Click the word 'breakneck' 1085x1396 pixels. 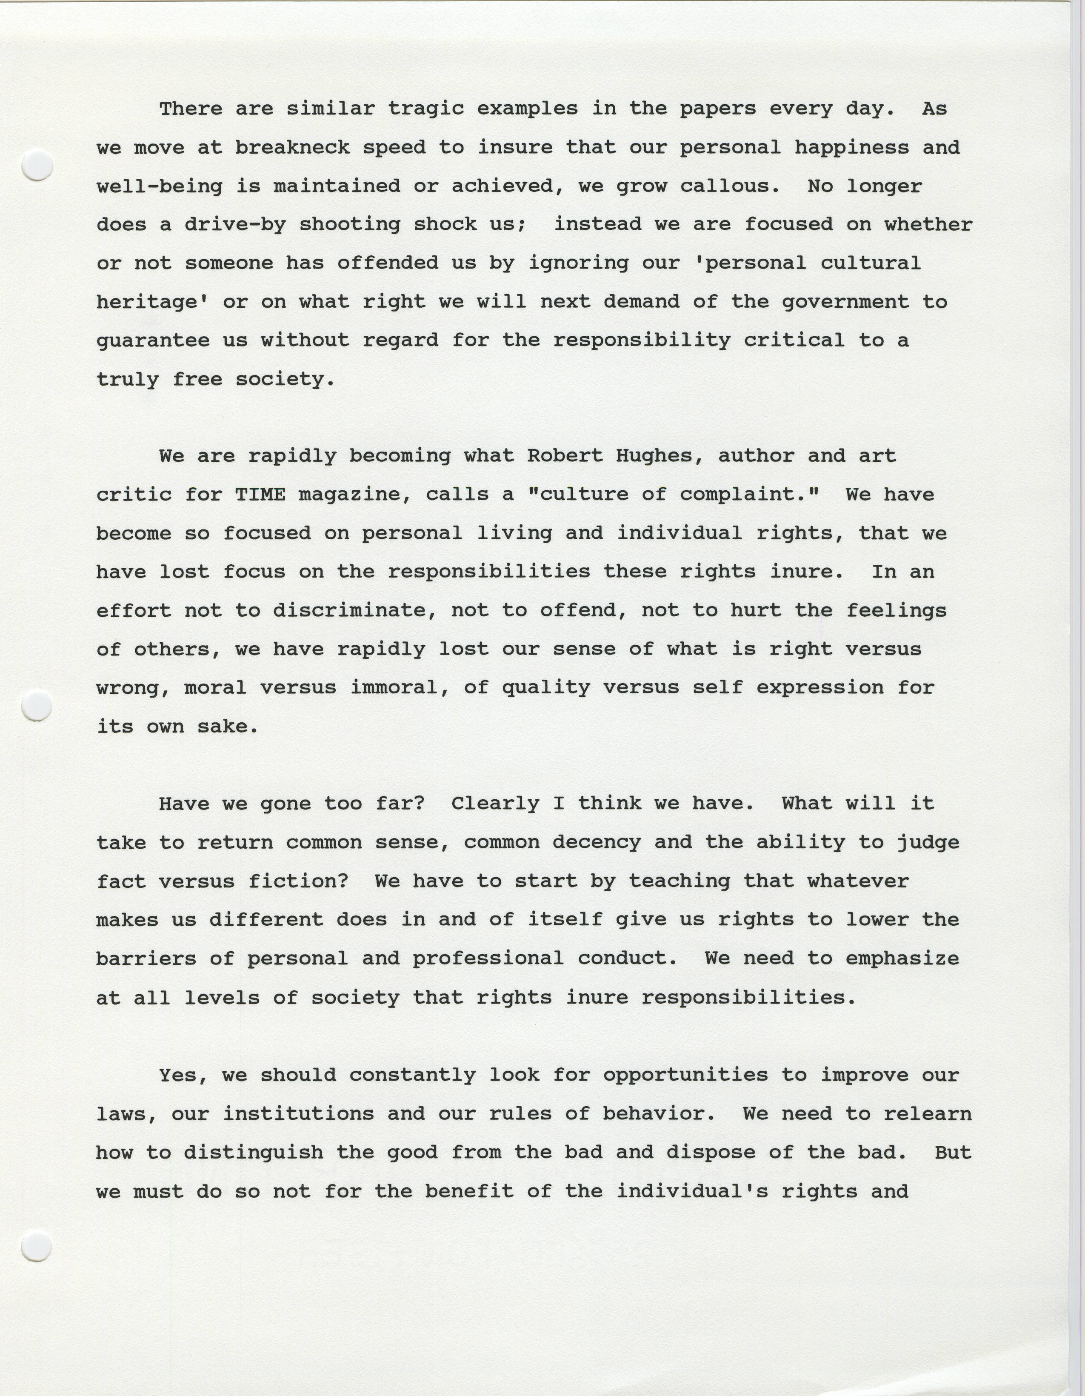pyautogui.click(x=292, y=148)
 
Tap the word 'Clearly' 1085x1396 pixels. pyautogui.click(x=495, y=804)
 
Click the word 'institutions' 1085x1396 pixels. pyautogui.click(x=298, y=1113)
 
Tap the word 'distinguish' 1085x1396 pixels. pyautogui.click(x=253, y=1153)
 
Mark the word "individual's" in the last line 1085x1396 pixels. pyautogui.click(x=691, y=1191)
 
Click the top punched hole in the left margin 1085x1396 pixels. pyautogui.click(x=37, y=165)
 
